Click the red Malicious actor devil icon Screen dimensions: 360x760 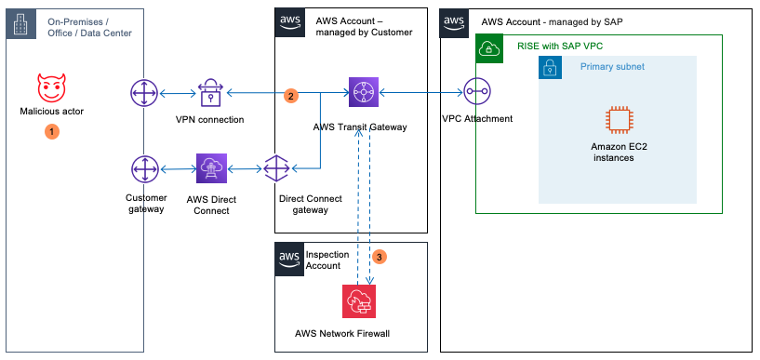point(52,89)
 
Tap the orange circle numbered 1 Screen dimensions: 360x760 point(52,132)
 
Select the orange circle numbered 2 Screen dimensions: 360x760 point(291,96)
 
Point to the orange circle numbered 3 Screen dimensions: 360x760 point(378,255)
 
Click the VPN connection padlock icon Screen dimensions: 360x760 point(210,94)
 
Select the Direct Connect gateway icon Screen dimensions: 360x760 point(278,170)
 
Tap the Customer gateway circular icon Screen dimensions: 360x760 point(145,170)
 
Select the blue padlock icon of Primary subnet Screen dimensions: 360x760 point(551,68)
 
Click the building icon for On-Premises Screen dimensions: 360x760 point(20,25)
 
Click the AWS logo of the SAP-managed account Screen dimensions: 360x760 point(453,23)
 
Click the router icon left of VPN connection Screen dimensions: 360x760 point(145,94)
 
